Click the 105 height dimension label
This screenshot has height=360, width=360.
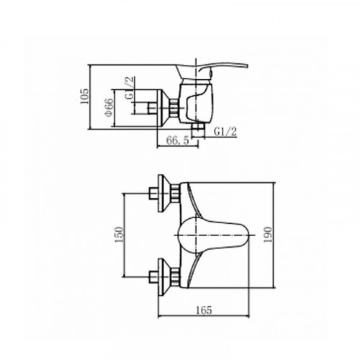pos(84,96)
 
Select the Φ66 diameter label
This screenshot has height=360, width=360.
pos(109,107)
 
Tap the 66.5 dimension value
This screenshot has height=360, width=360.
pos(178,140)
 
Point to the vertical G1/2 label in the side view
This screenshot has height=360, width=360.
pos(130,88)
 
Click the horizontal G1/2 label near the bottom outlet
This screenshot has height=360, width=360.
pos(225,132)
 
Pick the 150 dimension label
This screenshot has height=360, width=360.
pos(120,235)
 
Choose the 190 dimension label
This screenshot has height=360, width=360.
pos(268,235)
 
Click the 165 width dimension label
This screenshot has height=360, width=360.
pos(204,310)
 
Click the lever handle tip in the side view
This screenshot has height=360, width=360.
pos(246,66)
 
